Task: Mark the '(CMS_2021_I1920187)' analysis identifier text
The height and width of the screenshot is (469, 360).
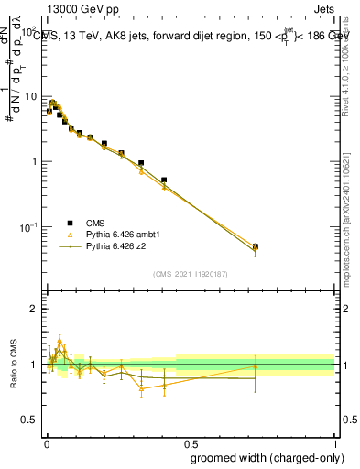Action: (190, 273)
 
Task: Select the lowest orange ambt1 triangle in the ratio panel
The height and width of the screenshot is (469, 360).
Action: (141, 389)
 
